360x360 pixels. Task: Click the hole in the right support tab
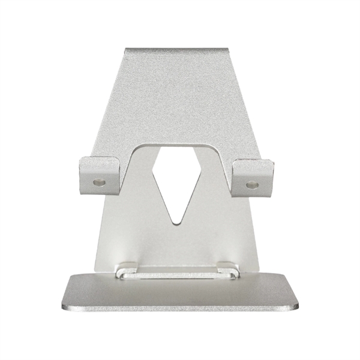click(252, 185)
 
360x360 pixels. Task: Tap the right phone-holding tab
click(253, 176)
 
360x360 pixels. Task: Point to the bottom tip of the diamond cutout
click(176, 223)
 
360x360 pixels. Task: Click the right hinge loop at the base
click(229, 271)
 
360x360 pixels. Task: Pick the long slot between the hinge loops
click(176, 275)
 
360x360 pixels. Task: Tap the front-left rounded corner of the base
click(65, 305)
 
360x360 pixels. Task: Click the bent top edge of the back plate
click(178, 51)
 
